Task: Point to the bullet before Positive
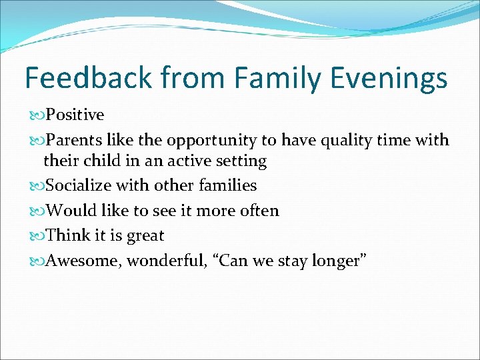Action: point(37,115)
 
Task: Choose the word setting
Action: point(241,161)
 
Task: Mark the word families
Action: point(227,185)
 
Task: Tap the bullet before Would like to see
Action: point(37,211)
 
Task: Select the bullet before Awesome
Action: point(37,261)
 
